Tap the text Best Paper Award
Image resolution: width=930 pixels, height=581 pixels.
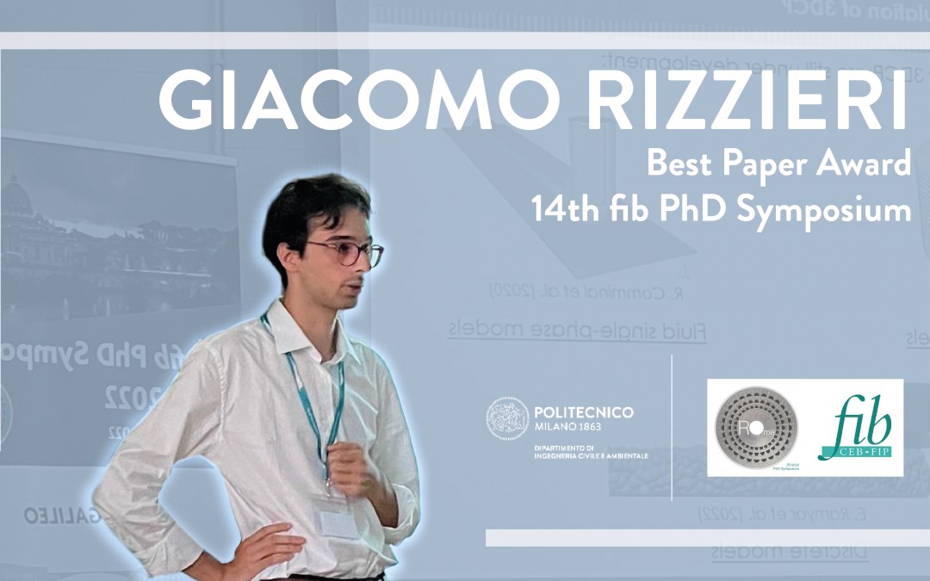[778, 164]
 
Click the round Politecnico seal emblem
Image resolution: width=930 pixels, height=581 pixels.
[507, 420]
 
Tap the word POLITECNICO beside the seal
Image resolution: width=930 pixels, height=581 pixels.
[584, 412]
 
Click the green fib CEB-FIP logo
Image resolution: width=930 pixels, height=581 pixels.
[856, 429]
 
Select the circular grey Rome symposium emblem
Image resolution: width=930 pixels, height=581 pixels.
[757, 428]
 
